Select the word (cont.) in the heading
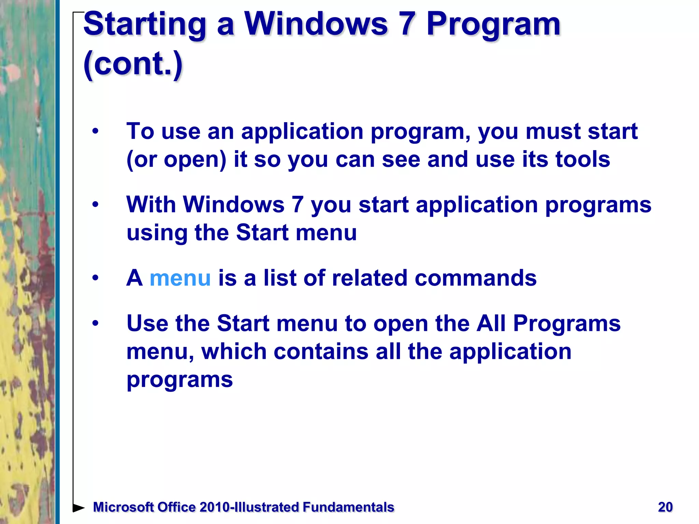click(133, 64)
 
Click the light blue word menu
click(180, 278)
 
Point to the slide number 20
click(665, 507)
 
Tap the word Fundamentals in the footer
click(348, 507)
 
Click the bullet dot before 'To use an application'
click(95, 131)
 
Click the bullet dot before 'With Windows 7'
click(95, 205)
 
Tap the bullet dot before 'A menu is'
click(95, 278)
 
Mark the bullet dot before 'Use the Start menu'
click(95, 323)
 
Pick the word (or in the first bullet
click(141, 160)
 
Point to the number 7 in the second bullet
click(297, 205)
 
